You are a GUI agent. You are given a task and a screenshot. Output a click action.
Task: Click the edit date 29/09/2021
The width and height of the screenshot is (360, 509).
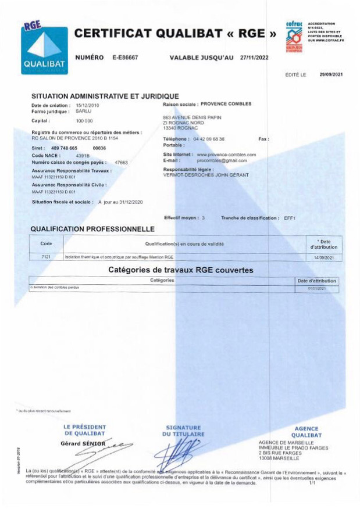(331, 75)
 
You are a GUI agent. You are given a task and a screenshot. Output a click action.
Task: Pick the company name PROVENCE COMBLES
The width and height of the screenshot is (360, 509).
(226, 104)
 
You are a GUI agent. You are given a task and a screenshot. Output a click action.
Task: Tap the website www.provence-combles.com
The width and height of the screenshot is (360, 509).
(226, 155)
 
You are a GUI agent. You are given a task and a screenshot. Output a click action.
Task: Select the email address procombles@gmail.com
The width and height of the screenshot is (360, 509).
(222, 160)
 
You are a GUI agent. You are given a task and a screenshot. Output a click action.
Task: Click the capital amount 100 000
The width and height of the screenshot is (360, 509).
(84, 121)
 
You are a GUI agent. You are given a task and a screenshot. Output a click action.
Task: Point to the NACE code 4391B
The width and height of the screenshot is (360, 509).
(82, 156)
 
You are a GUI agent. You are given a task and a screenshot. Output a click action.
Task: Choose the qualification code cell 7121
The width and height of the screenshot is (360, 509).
(47, 256)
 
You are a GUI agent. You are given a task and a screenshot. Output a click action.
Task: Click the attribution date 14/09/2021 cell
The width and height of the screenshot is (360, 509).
(324, 256)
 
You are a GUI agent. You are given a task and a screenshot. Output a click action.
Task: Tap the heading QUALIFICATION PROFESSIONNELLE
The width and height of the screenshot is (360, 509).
(92, 230)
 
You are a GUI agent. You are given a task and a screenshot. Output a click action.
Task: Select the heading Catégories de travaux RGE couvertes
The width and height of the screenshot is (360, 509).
(180, 270)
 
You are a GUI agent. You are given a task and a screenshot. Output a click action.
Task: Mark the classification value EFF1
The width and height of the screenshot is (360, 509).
(290, 217)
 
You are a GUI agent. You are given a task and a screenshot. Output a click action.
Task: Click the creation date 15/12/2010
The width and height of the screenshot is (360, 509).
(88, 105)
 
